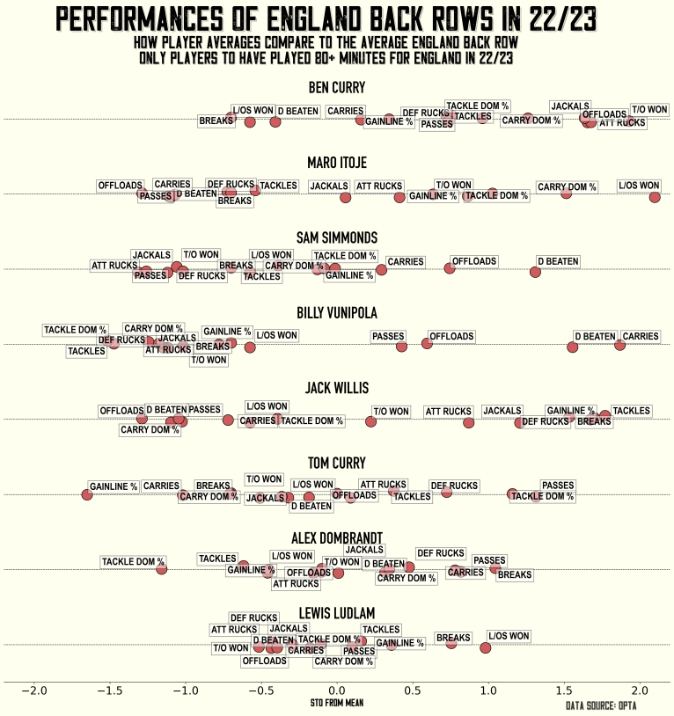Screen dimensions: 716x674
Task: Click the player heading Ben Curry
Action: pyautogui.click(x=337, y=87)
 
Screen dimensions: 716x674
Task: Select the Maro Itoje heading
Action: pyautogui.click(x=337, y=163)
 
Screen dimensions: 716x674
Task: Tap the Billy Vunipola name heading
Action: pyautogui.click(x=337, y=313)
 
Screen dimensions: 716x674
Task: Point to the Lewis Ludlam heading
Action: pyautogui.click(x=337, y=613)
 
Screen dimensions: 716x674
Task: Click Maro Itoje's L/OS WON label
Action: pyautogui.click(x=639, y=186)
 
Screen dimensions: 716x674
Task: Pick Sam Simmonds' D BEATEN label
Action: pyautogui.click(x=558, y=261)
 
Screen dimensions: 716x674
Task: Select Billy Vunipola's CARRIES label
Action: pyautogui.click(x=640, y=336)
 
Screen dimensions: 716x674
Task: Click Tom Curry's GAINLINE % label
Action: pyautogui.click(x=114, y=486)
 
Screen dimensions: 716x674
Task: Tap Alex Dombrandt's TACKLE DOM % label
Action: pyautogui.click(x=133, y=561)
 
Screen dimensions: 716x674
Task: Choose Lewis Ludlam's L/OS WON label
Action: pyautogui.click(x=509, y=636)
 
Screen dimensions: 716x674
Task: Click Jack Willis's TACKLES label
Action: pyautogui.click(x=631, y=411)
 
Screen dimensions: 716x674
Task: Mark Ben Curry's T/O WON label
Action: pyautogui.click(x=649, y=110)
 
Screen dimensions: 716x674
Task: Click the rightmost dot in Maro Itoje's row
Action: pyautogui.click(x=654, y=197)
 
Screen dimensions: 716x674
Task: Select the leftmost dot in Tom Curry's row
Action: pyautogui.click(x=87, y=494)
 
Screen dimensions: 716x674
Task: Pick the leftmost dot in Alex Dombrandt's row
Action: pyautogui.click(x=162, y=569)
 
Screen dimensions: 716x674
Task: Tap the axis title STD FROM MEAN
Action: pyautogui.click(x=337, y=704)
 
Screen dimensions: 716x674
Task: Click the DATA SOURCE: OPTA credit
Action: pyautogui.click(x=601, y=705)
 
